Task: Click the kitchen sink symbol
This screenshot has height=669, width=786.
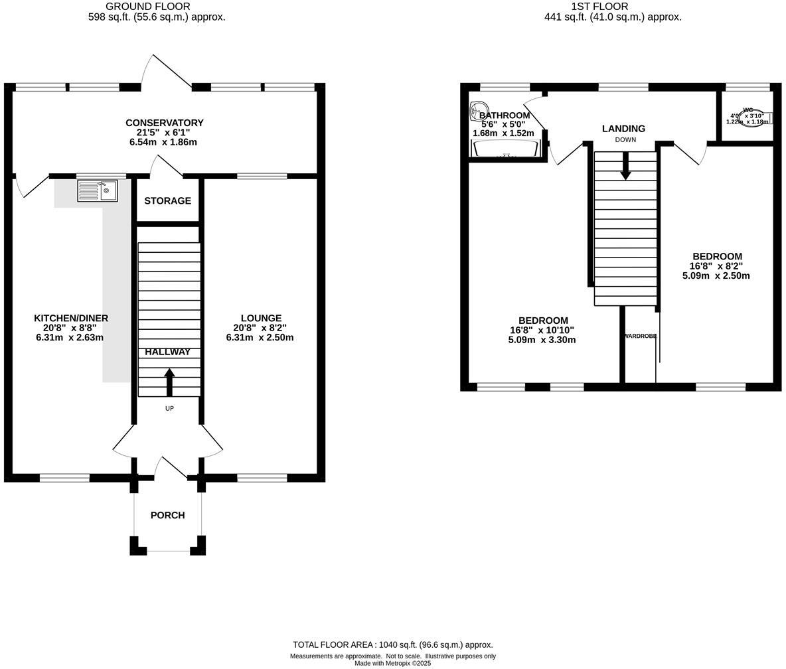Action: (98, 191)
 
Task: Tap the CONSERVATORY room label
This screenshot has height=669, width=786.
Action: (164, 123)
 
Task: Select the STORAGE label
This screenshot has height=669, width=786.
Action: (167, 200)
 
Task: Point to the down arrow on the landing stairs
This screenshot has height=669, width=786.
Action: (625, 166)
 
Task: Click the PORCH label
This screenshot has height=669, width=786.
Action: (167, 515)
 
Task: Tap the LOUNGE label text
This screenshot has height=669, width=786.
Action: (261, 319)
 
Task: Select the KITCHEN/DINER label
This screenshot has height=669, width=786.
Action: (71, 319)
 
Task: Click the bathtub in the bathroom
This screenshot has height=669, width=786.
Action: (506, 149)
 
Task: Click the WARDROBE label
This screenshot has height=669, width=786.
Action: (640, 336)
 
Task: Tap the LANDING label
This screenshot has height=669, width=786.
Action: (623, 129)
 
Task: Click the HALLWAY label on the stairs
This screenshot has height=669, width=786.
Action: (167, 352)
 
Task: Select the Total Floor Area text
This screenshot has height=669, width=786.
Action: (393, 644)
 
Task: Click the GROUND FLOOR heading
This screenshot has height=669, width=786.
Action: (148, 7)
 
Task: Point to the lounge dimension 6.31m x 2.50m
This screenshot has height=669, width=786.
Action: (260, 337)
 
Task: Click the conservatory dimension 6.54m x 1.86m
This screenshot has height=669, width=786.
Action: (163, 142)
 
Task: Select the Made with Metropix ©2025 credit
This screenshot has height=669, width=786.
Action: (392, 663)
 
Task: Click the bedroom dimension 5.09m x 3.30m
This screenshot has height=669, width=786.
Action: (542, 340)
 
